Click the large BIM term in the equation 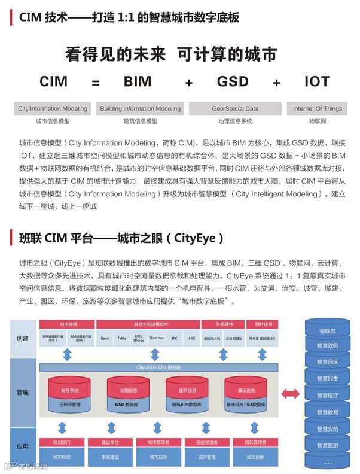click(138, 81)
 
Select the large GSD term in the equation click(233, 81)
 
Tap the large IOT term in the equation click(317, 81)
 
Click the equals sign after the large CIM click(96, 83)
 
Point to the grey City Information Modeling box click(53, 109)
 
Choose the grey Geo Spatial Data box click(235, 109)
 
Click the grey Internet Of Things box click(318, 109)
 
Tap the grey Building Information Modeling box click(140, 109)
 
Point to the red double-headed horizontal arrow click(291, 393)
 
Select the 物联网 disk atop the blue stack click(327, 330)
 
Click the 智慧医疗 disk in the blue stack click(327, 395)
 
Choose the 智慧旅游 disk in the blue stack click(327, 445)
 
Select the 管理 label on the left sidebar click(23, 393)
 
